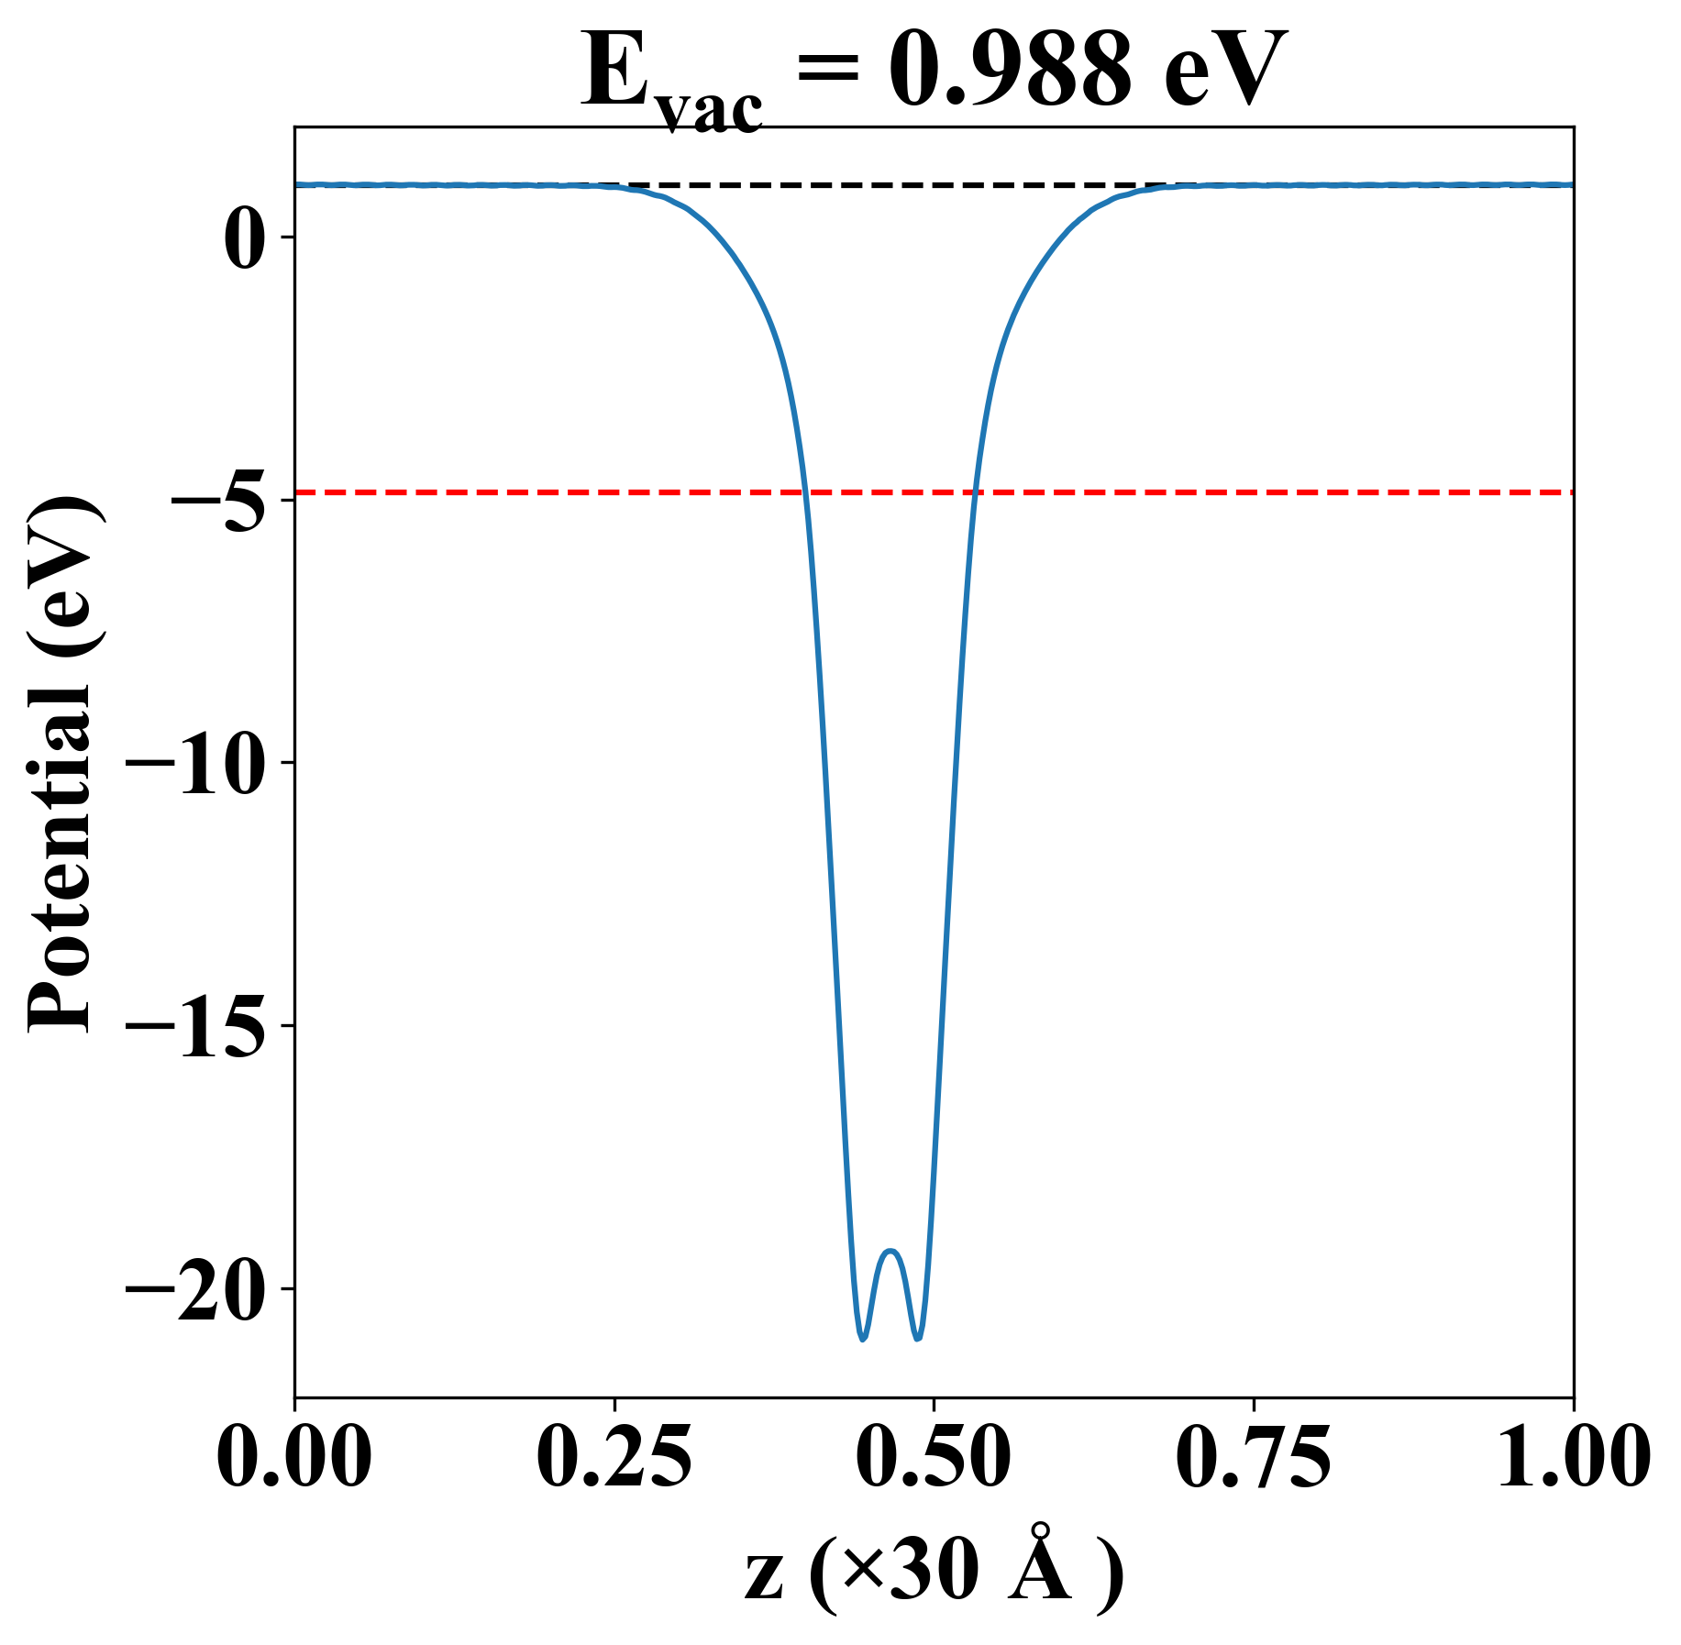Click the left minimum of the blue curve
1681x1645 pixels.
pos(862,1338)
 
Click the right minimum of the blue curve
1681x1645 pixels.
pos(918,1338)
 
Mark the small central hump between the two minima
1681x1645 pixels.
pos(890,1251)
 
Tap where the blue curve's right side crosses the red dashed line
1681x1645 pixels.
pos(975,492)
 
